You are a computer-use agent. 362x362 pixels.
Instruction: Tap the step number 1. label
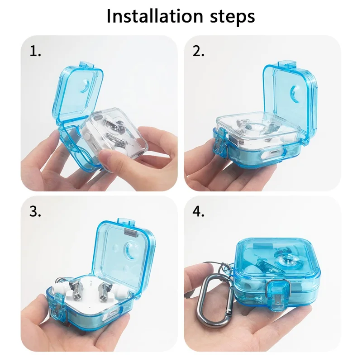click(35, 51)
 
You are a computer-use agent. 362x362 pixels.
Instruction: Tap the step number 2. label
click(198, 51)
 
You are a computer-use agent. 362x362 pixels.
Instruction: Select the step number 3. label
click(35, 211)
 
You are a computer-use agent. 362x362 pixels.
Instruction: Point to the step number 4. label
click(198, 211)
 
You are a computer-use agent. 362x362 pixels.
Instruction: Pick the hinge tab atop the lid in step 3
click(127, 222)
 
